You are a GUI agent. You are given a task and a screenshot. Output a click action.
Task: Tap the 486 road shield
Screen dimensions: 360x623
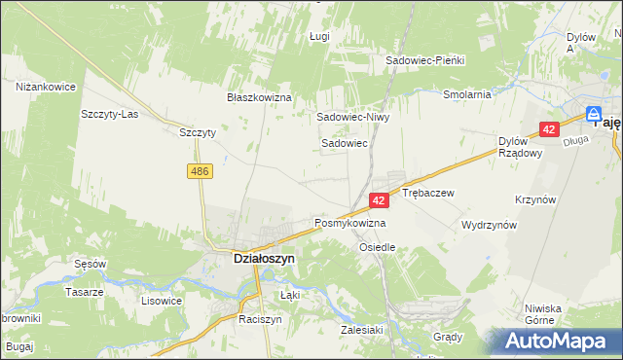click(200, 170)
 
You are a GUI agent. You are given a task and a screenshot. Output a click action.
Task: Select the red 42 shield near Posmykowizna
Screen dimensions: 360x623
click(380, 199)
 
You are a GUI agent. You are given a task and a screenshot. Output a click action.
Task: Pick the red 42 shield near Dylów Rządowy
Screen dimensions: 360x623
click(550, 129)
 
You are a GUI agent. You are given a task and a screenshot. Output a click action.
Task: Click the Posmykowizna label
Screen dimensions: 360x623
click(350, 223)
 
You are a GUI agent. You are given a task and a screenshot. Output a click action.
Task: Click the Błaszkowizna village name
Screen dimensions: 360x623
click(260, 98)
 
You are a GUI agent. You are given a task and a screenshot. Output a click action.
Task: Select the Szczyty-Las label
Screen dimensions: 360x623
click(106, 113)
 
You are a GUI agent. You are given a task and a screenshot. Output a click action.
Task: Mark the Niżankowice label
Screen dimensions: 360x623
click(46, 87)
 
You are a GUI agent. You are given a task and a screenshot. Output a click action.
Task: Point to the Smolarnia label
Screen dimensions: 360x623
click(466, 95)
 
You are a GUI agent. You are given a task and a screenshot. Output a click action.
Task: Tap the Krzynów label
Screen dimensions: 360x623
click(536, 198)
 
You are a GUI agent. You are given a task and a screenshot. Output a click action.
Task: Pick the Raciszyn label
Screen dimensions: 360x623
click(260, 319)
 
